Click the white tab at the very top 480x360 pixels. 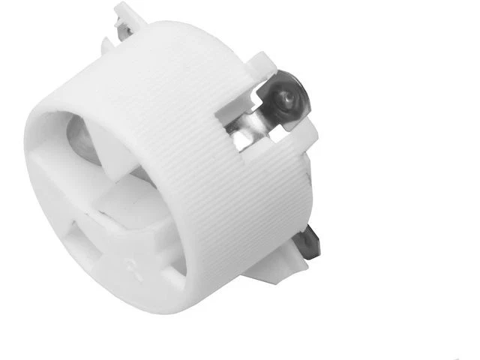(127, 13)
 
